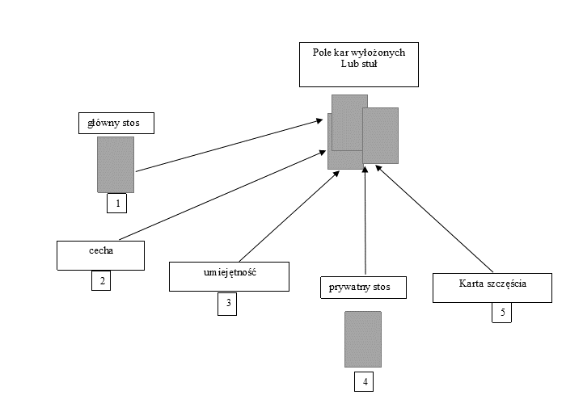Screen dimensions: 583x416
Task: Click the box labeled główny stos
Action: coord(116,123)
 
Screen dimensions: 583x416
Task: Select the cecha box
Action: coord(101,255)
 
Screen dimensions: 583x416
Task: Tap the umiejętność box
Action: coord(229,276)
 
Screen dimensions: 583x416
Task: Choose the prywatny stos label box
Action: coord(363,287)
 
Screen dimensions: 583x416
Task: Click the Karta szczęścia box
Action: coord(492,288)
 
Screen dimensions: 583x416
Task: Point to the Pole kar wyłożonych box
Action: coord(359,65)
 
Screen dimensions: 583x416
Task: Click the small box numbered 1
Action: coord(116,204)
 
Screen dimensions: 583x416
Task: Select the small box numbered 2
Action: coord(101,280)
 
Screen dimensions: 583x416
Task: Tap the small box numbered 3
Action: coord(227,305)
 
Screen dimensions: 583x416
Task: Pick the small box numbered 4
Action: coord(364,381)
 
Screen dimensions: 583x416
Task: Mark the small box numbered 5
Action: coord(501,313)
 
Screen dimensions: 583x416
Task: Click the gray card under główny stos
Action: coord(116,165)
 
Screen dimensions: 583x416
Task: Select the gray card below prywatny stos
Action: coord(363,339)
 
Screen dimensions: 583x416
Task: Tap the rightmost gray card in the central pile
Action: coord(380,136)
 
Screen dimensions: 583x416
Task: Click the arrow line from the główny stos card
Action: coord(229,145)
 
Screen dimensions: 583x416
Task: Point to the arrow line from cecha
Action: coord(222,195)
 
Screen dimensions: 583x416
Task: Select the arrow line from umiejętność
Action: coord(289,216)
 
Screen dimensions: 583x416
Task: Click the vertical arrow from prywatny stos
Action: coord(365,221)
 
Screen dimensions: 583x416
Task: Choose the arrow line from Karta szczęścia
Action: coord(434,219)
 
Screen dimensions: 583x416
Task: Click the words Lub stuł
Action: coord(359,64)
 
